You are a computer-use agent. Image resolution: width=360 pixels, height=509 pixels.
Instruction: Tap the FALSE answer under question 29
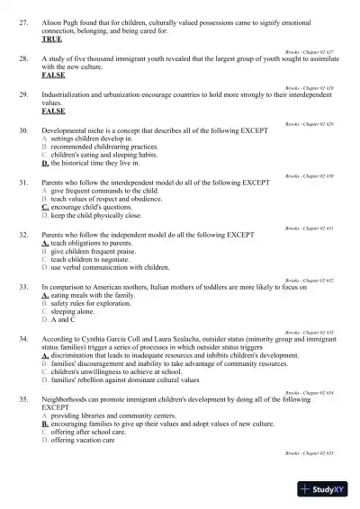(53, 112)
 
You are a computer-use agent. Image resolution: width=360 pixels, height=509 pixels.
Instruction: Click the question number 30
(23, 131)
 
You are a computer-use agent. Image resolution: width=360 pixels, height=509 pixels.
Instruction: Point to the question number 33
(23, 286)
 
